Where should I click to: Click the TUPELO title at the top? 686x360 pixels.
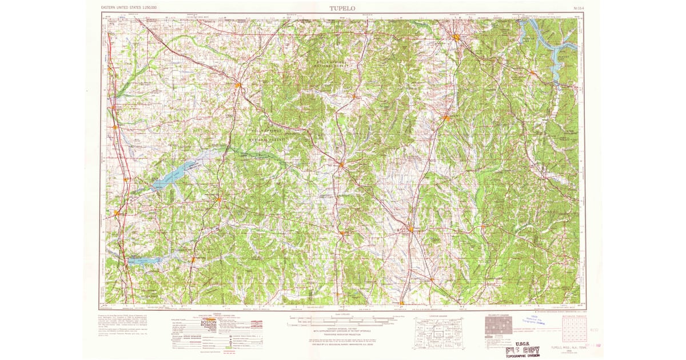coord(342,8)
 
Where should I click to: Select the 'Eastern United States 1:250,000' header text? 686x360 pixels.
coord(129,8)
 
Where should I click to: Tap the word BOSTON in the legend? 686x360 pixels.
coord(208,322)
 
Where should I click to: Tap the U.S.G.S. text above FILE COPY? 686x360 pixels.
coord(518,343)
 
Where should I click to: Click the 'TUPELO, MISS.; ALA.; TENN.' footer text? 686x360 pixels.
coord(559,346)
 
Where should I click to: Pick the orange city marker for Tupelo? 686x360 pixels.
coord(411,230)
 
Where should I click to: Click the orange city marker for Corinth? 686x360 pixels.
coord(457,38)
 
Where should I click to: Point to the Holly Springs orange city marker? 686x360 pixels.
coord(238,86)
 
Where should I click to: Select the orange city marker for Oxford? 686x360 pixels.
coord(219,199)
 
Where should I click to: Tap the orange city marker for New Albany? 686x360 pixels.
coord(341,165)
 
